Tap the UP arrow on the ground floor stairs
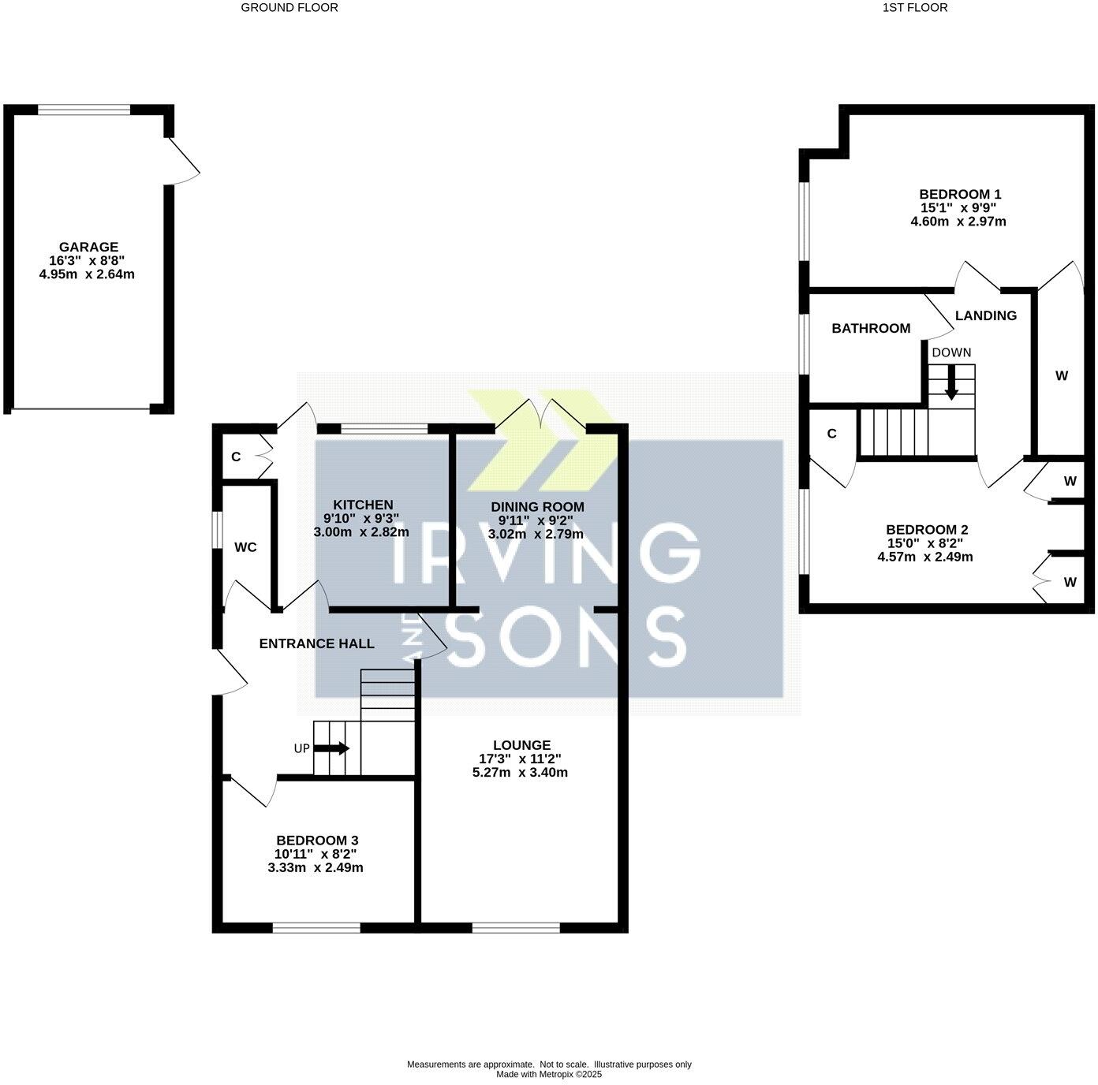click(x=339, y=748)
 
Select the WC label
click(x=245, y=547)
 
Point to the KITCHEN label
click(x=362, y=505)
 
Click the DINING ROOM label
click(x=537, y=507)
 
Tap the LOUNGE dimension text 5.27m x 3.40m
click(x=520, y=773)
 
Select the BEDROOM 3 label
click(x=316, y=841)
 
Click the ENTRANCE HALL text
click(x=316, y=643)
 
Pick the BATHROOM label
click(x=871, y=328)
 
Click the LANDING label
click(x=985, y=315)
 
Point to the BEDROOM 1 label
click(x=959, y=194)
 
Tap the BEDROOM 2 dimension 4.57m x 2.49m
click(x=924, y=557)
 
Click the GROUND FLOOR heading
click(x=289, y=8)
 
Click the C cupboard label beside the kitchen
click(x=235, y=457)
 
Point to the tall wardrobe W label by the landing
click(x=1061, y=375)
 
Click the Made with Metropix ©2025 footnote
click(x=548, y=1074)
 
